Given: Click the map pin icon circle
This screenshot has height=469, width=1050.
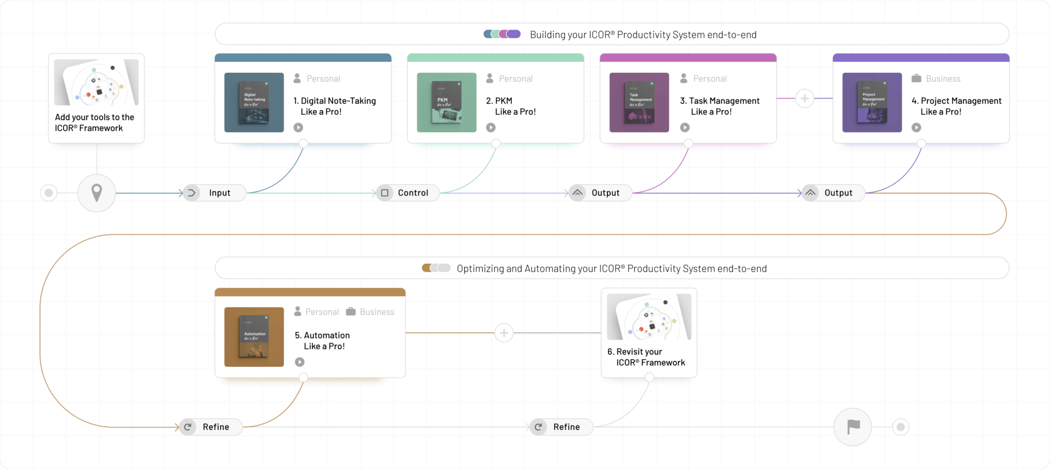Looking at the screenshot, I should click(x=96, y=193).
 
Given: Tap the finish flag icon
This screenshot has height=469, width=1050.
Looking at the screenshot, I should click(x=853, y=426).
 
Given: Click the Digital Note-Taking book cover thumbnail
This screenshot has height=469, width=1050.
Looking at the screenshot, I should click(x=254, y=103).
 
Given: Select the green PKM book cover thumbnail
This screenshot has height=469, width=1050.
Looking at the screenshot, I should click(x=447, y=103).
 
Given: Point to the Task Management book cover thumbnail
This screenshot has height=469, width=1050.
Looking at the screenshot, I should click(x=639, y=103).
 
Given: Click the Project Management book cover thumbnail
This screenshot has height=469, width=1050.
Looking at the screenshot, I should click(x=872, y=103).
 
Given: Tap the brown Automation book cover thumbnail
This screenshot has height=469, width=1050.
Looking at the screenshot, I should click(x=254, y=337).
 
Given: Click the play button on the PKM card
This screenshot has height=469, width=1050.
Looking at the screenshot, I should click(x=491, y=127).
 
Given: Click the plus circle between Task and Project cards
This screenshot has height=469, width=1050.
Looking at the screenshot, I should click(x=804, y=99).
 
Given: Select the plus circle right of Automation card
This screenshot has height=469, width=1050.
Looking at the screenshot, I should click(x=504, y=333).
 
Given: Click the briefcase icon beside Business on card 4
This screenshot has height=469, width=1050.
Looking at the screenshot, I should click(x=916, y=79).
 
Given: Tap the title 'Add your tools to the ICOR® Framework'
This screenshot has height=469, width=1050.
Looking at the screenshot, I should click(x=94, y=123).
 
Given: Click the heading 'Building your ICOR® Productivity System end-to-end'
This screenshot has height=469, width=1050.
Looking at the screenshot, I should click(x=643, y=35).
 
